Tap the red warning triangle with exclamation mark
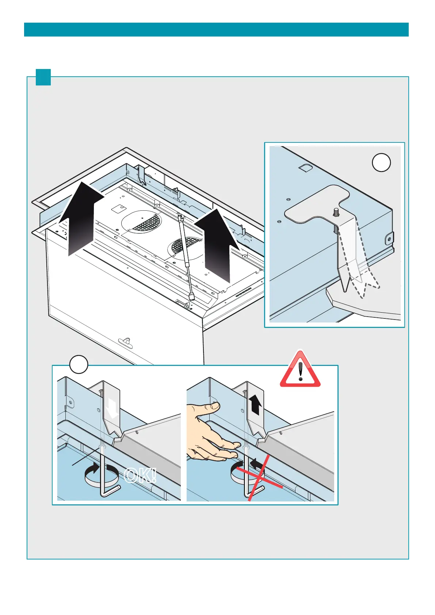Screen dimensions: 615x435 [300, 370]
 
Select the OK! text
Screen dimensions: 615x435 [140, 475]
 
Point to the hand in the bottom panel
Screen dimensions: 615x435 [208, 431]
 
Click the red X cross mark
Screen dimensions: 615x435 [258, 477]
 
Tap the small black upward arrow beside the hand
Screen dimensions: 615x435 [255, 405]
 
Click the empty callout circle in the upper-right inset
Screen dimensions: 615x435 [381, 163]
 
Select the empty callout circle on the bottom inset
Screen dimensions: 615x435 [79, 364]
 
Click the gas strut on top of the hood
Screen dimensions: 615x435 [186, 256]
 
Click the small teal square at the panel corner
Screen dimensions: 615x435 [43, 77]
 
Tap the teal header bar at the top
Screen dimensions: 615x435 [216, 30]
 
